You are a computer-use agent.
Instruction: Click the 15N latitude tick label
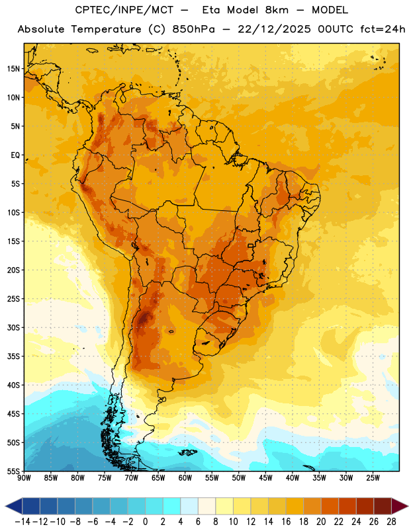[x=13, y=69]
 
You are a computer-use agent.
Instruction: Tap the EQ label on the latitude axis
[x=15, y=155]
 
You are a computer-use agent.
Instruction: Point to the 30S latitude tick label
[x=13, y=327]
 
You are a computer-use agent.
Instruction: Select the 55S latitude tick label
[x=13, y=471]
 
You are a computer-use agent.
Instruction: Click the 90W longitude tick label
[x=24, y=478]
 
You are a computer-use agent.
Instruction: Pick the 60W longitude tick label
[x=185, y=478]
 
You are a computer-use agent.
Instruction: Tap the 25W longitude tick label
[x=373, y=478]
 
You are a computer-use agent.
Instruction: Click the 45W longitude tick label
[x=265, y=478]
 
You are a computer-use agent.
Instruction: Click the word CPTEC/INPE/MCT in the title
[x=124, y=10]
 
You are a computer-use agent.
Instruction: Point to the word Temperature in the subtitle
[x=106, y=29]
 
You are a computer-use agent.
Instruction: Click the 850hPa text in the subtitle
[x=193, y=29]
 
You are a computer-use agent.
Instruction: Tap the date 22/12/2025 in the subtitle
[x=274, y=29]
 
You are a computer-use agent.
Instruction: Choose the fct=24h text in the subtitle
[x=383, y=29]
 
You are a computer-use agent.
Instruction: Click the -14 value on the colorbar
[x=23, y=522]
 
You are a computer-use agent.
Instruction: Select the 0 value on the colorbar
[x=145, y=522]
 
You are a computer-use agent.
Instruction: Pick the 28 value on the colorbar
[x=391, y=522]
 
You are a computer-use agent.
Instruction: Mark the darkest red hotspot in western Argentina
[x=144, y=317]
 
